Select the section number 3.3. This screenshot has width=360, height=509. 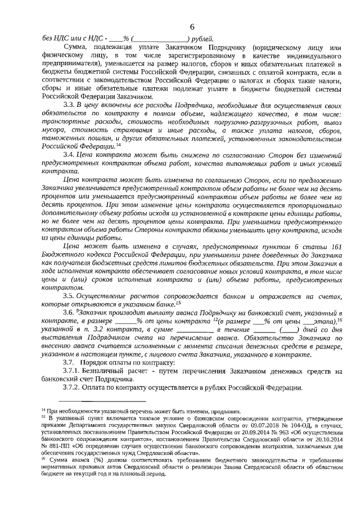coord(68,105)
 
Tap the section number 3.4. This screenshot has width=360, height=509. coord(68,154)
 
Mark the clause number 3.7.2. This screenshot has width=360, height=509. coord(71,388)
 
